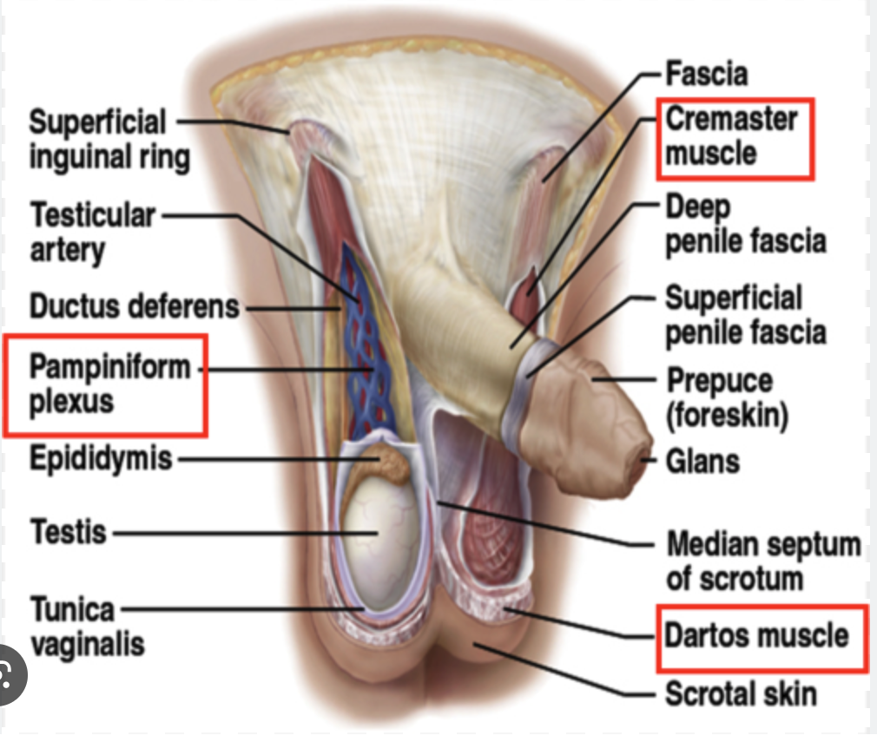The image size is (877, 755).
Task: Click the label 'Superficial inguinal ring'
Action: (x=108, y=140)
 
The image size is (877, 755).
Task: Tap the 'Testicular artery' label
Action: (x=93, y=232)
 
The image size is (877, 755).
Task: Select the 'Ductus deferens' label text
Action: (x=134, y=305)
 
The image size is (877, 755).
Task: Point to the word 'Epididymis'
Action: (x=101, y=457)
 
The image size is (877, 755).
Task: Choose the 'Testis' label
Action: (x=69, y=530)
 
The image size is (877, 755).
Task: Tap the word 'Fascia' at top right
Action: (x=706, y=74)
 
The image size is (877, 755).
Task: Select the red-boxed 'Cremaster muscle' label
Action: (x=731, y=136)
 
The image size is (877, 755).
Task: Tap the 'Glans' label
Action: (x=702, y=461)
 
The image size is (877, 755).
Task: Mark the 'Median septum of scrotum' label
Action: (x=762, y=561)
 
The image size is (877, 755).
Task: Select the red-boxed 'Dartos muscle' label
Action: (x=755, y=636)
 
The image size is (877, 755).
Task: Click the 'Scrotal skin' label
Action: (x=740, y=693)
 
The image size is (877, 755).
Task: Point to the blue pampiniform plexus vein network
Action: (x=368, y=356)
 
